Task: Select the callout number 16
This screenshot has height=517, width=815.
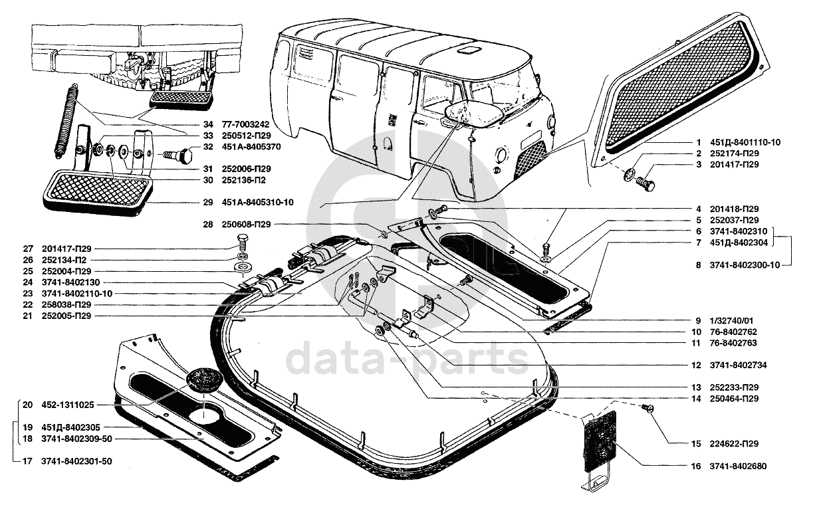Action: click(695, 466)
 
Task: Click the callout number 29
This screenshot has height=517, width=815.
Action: click(207, 202)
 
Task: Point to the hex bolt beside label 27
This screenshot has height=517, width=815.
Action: click(243, 241)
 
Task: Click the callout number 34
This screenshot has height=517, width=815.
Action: click(208, 124)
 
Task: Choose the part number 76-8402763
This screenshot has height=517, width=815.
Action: click(734, 343)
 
